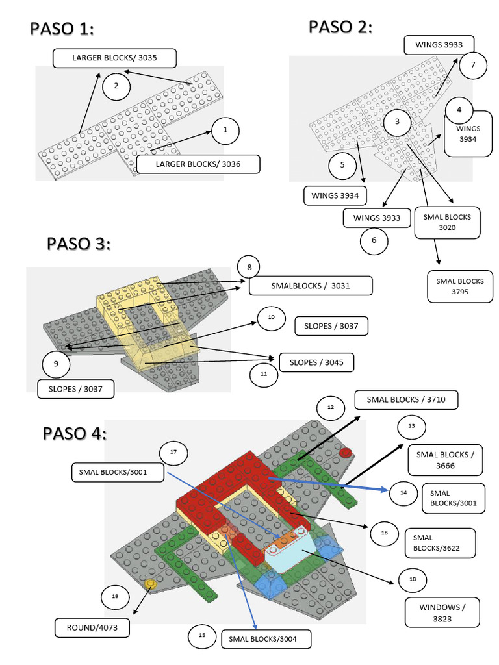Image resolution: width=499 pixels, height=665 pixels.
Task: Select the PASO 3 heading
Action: [x=79, y=244]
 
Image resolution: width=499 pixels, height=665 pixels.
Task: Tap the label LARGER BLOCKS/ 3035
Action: [x=114, y=58]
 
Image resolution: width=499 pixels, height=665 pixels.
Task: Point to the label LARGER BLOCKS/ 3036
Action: [x=198, y=164]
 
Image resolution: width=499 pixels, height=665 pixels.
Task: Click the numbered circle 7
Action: [x=473, y=65]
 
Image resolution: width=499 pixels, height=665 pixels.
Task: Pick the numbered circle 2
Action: [x=116, y=86]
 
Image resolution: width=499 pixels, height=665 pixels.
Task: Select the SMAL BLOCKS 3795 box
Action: [x=460, y=286]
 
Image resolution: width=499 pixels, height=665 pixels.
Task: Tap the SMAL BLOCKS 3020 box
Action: [x=446, y=222]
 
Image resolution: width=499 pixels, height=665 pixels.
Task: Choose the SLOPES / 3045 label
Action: [x=316, y=362]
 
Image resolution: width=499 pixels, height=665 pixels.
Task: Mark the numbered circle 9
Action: [x=56, y=364]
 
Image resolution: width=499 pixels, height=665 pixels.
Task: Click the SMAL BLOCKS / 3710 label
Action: [x=406, y=400]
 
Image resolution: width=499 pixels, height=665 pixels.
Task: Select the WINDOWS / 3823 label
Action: [x=442, y=612]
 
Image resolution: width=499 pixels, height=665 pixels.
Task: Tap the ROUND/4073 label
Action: [x=91, y=628]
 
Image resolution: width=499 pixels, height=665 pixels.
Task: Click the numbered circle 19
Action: [x=115, y=596]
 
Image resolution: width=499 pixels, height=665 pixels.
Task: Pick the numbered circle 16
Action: [x=384, y=533]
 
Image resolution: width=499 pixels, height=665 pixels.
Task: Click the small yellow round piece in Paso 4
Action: [x=150, y=585]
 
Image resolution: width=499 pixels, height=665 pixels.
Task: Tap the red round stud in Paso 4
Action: [x=345, y=453]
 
